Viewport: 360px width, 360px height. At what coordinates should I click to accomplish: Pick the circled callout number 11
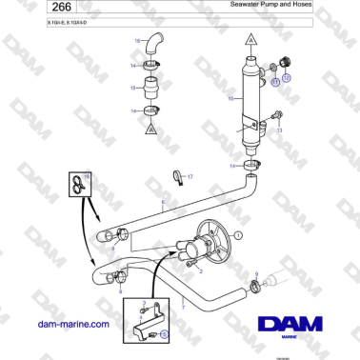(x=274, y=83)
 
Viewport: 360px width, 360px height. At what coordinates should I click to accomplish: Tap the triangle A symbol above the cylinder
(x=249, y=41)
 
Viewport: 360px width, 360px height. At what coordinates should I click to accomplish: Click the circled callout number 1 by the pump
(x=239, y=233)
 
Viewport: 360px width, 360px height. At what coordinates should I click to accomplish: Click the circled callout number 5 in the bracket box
(x=163, y=334)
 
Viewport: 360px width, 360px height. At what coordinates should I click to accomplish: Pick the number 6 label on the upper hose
(x=163, y=203)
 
